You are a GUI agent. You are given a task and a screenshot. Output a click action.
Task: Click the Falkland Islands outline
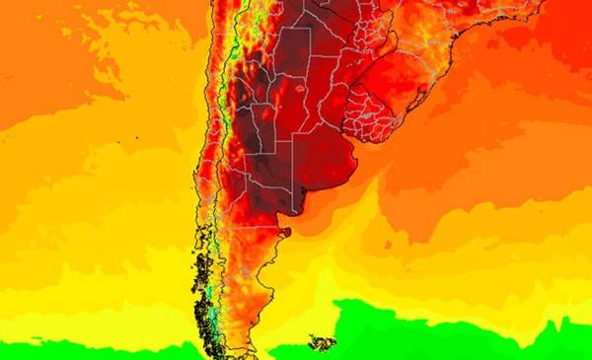pyautogui.click(x=322, y=343)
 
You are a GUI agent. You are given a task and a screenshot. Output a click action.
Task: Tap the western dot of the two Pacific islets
pyautogui.click(x=118, y=144)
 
